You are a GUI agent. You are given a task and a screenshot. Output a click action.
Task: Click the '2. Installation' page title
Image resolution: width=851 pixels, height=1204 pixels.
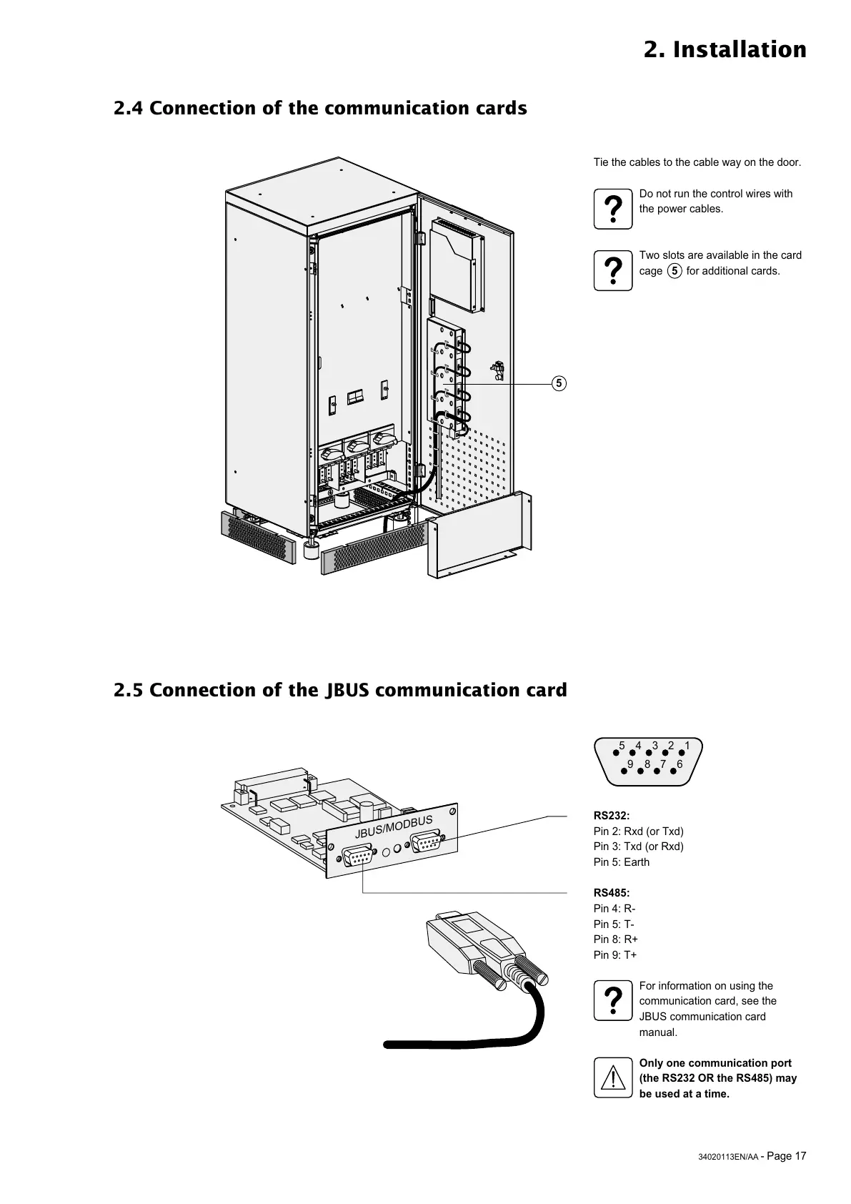[x=725, y=50]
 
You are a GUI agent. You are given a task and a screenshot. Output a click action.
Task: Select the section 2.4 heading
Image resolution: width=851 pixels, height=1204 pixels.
[x=320, y=109]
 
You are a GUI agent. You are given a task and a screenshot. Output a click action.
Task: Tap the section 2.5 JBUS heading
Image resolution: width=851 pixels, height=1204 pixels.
[x=340, y=691]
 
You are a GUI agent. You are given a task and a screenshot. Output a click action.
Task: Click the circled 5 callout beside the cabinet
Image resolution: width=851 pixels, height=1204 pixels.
[x=559, y=384]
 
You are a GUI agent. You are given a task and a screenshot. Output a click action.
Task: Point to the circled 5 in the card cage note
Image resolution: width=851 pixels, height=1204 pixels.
[x=674, y=271]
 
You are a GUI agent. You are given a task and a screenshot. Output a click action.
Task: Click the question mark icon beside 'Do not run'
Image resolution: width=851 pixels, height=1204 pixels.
[x=612, y=209]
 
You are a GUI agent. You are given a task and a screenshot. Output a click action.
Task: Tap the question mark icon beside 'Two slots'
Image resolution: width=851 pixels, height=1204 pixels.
[x=612, y=271]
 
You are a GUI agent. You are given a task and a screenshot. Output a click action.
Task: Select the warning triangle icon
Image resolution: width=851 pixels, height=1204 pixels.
[x=612, y=1078]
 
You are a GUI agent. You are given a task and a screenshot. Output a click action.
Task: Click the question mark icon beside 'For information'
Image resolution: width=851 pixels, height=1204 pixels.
[x=612, y=1001]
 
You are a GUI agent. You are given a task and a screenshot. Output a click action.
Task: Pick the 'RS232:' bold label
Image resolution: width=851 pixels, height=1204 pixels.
[x=612, y=816]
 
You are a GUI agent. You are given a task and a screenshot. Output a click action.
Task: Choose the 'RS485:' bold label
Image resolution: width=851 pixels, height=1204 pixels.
[x=612, y=893]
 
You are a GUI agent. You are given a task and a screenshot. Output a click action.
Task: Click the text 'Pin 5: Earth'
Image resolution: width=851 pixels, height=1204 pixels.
[x=622, y=862]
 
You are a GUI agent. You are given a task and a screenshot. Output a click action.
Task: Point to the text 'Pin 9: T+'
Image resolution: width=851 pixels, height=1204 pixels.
[x=615, y=955]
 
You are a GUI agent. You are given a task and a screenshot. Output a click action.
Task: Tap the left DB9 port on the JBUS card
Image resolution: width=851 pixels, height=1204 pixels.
[x=357, y=854]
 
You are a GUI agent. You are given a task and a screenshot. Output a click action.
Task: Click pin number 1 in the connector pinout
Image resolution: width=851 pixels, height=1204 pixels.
[x=687, y=746]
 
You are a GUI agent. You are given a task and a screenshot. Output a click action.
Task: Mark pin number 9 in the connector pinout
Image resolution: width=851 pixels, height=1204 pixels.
[x=629, y=764]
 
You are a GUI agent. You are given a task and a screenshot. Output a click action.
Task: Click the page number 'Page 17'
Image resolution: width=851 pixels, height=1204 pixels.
[x=787, y=1156]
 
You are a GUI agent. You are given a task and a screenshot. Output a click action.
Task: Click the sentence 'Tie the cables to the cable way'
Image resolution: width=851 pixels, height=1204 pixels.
[x=697, y=162]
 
